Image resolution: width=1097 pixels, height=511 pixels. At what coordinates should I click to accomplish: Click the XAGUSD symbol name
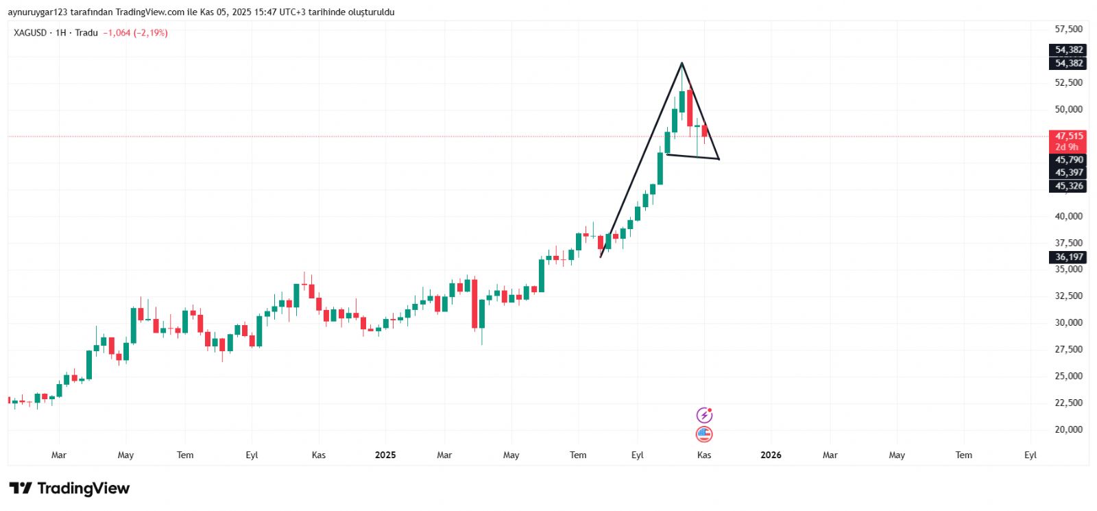[x=30, y=33]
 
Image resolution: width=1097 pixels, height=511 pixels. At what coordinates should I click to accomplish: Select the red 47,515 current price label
[x=1068, y=136]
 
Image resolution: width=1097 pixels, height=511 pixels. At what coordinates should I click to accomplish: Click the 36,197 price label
[x=1068, y=257]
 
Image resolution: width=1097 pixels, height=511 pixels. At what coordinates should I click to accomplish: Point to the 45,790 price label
[x=1068, y=160]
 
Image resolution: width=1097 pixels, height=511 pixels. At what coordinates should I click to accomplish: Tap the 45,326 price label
[x=1068, y=186]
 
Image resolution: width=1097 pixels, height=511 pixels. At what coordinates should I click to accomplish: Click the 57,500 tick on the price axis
[x=1068, y=29]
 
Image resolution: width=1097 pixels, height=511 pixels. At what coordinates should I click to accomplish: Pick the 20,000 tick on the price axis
[x=1068, y=429]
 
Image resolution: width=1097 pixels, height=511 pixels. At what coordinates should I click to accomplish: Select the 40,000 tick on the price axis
[x=1068, y=216]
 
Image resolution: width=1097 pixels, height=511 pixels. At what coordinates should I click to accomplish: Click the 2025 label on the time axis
[x=385, y=455]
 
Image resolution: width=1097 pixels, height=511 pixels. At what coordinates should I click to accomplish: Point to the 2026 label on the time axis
[x=771, y=455]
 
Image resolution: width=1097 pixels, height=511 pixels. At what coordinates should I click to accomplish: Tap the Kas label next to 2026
[x=704, y=455]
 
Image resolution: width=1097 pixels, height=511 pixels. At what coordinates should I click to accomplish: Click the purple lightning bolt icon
[x=704, y=415]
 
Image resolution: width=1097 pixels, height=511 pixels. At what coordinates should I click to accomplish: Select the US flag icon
[x=704, y=433]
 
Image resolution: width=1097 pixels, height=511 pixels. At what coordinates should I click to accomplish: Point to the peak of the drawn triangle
[x=682, y=63]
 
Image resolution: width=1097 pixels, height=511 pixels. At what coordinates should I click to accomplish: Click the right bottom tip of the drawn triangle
[x=719, y=159]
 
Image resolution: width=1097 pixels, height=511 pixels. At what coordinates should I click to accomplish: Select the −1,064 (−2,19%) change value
[x=135, y=33]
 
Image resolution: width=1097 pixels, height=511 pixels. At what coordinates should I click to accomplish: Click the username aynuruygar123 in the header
[x=38, y=12]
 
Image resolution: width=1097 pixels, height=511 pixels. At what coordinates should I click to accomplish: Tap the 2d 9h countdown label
[x=1067, y=147]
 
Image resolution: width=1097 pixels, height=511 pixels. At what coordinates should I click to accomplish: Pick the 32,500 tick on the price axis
[x=1068, y=296]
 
